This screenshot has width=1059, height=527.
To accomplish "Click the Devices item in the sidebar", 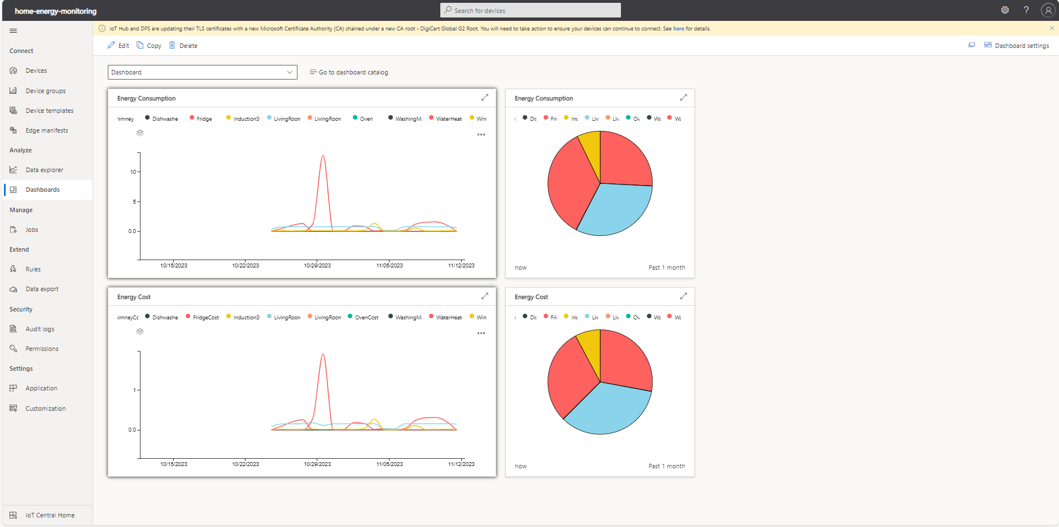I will point(36,71).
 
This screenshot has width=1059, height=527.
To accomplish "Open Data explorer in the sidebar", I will point(44,170).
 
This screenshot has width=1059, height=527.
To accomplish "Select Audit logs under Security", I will point(40,329).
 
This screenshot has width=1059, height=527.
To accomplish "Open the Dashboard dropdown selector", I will point(202,72).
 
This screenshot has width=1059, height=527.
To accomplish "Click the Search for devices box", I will point(530,10).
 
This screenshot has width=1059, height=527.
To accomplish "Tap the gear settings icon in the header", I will point(1005,10).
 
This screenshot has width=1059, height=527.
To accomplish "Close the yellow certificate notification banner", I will point(1052,28).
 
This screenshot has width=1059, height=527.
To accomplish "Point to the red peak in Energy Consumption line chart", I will point(323,156).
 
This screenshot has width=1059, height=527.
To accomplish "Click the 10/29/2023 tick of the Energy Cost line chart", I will point(317,464).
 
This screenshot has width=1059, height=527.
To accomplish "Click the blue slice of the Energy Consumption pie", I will point(615,212).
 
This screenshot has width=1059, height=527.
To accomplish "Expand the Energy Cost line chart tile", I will point(484,296).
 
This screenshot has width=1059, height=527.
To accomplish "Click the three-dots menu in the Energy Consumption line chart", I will point(481,135).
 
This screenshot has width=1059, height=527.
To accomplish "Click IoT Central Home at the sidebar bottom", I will point(50,515).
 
